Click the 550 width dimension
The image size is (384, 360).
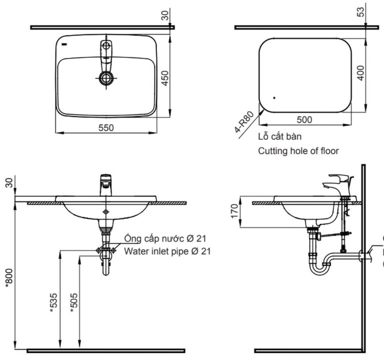(x=105, y=127)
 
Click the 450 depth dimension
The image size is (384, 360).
(x=165, y=78)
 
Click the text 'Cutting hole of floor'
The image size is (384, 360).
(x=298, y=150)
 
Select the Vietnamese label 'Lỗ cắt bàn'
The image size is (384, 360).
(x=279, y=136)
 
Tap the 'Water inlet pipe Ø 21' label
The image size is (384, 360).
(x=167, y=251)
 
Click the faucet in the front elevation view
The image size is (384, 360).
(x=105, y=185)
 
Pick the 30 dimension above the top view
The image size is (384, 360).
(x=165, y=15)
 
